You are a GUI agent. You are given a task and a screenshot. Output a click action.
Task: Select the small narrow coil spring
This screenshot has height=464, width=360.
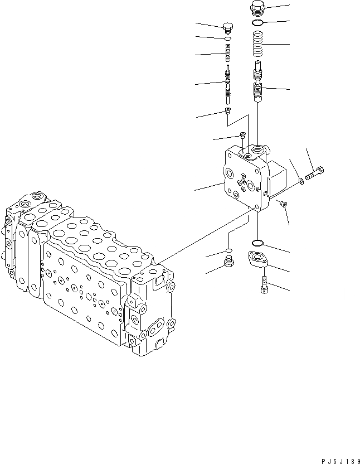(227, 55)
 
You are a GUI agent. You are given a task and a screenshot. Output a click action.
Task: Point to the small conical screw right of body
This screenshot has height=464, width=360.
(284, 204)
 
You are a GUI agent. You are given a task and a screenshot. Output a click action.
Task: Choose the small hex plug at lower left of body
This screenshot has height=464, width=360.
(227, 262)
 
